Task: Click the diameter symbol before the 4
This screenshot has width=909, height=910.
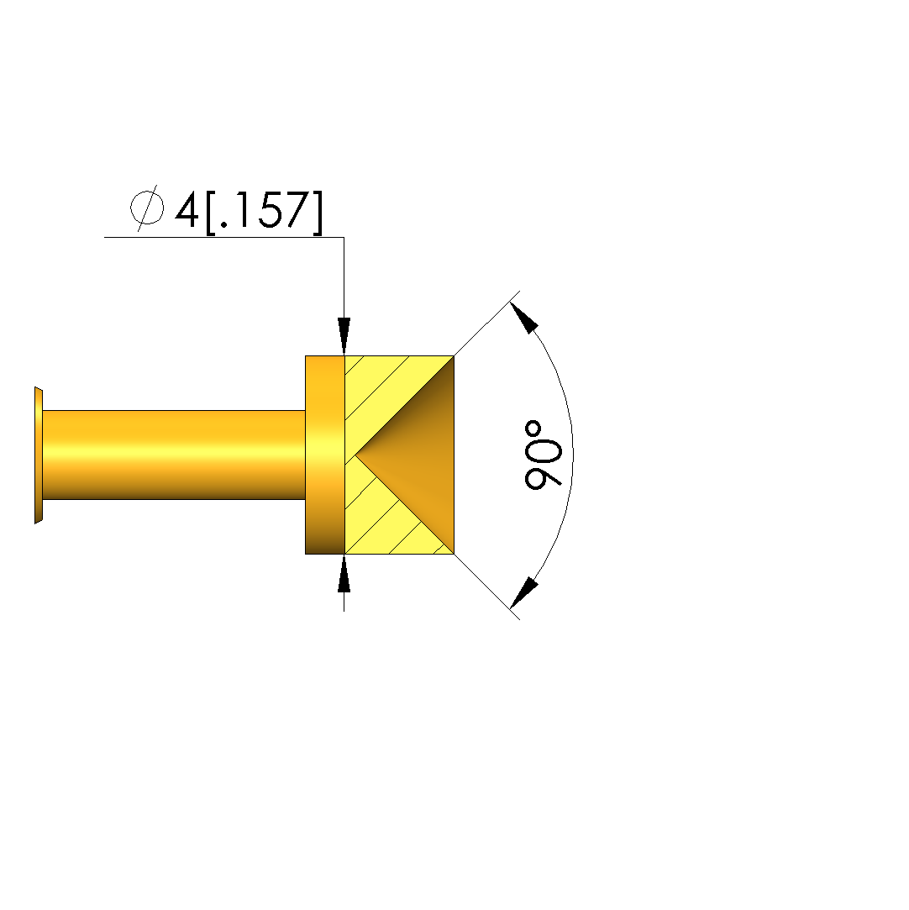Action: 146,208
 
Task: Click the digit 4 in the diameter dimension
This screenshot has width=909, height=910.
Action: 187,210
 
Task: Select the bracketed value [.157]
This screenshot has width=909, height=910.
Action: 264,213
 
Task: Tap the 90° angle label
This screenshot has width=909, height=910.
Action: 543,455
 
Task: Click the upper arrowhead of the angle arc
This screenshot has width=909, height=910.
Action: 524,318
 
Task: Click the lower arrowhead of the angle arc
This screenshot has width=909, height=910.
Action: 524,592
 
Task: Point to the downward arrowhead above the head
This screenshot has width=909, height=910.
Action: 344,335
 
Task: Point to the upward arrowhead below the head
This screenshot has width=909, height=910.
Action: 344,574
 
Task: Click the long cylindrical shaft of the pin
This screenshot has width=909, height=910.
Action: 174,455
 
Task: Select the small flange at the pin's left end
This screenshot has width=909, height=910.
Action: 39,455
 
